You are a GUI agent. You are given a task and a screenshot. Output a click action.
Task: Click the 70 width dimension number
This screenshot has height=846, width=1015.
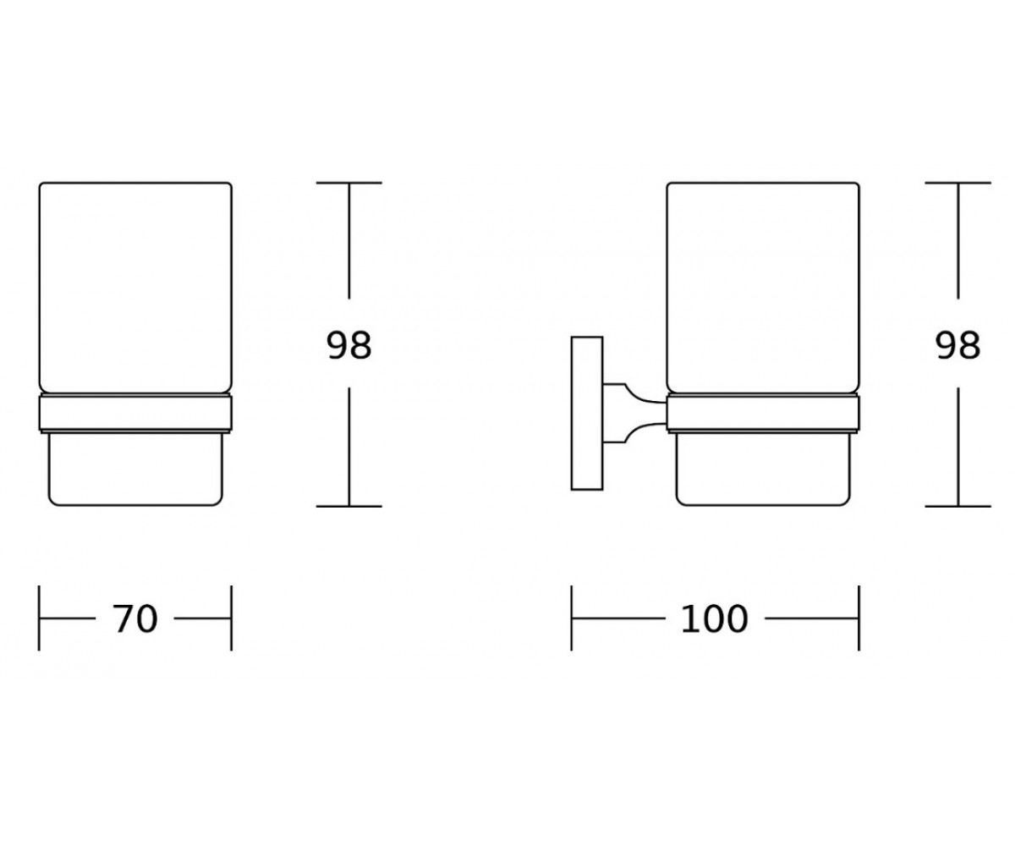tap(135, 619)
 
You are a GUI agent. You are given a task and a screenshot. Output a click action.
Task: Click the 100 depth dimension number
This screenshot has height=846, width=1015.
tap(714, 619)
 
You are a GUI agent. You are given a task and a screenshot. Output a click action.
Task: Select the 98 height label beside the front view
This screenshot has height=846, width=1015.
tap(349, 346)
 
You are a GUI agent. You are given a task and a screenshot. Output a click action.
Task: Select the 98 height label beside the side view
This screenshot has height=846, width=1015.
tap(957, 346)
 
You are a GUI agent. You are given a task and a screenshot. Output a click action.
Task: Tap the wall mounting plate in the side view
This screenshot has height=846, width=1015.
tap(587, 413)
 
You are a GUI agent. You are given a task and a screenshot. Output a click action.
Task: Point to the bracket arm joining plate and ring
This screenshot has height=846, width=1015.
tap(634, 414)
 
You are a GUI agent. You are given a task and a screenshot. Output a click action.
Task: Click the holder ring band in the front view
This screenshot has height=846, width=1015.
tap(135, 414)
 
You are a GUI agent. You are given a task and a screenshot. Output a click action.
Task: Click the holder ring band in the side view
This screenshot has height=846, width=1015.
tap(763, 414)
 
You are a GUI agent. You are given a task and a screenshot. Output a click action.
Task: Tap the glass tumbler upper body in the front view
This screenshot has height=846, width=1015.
tap(135, 288)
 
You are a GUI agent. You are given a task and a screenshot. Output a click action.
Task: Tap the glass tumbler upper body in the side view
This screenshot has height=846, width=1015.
tap(763, 288)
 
